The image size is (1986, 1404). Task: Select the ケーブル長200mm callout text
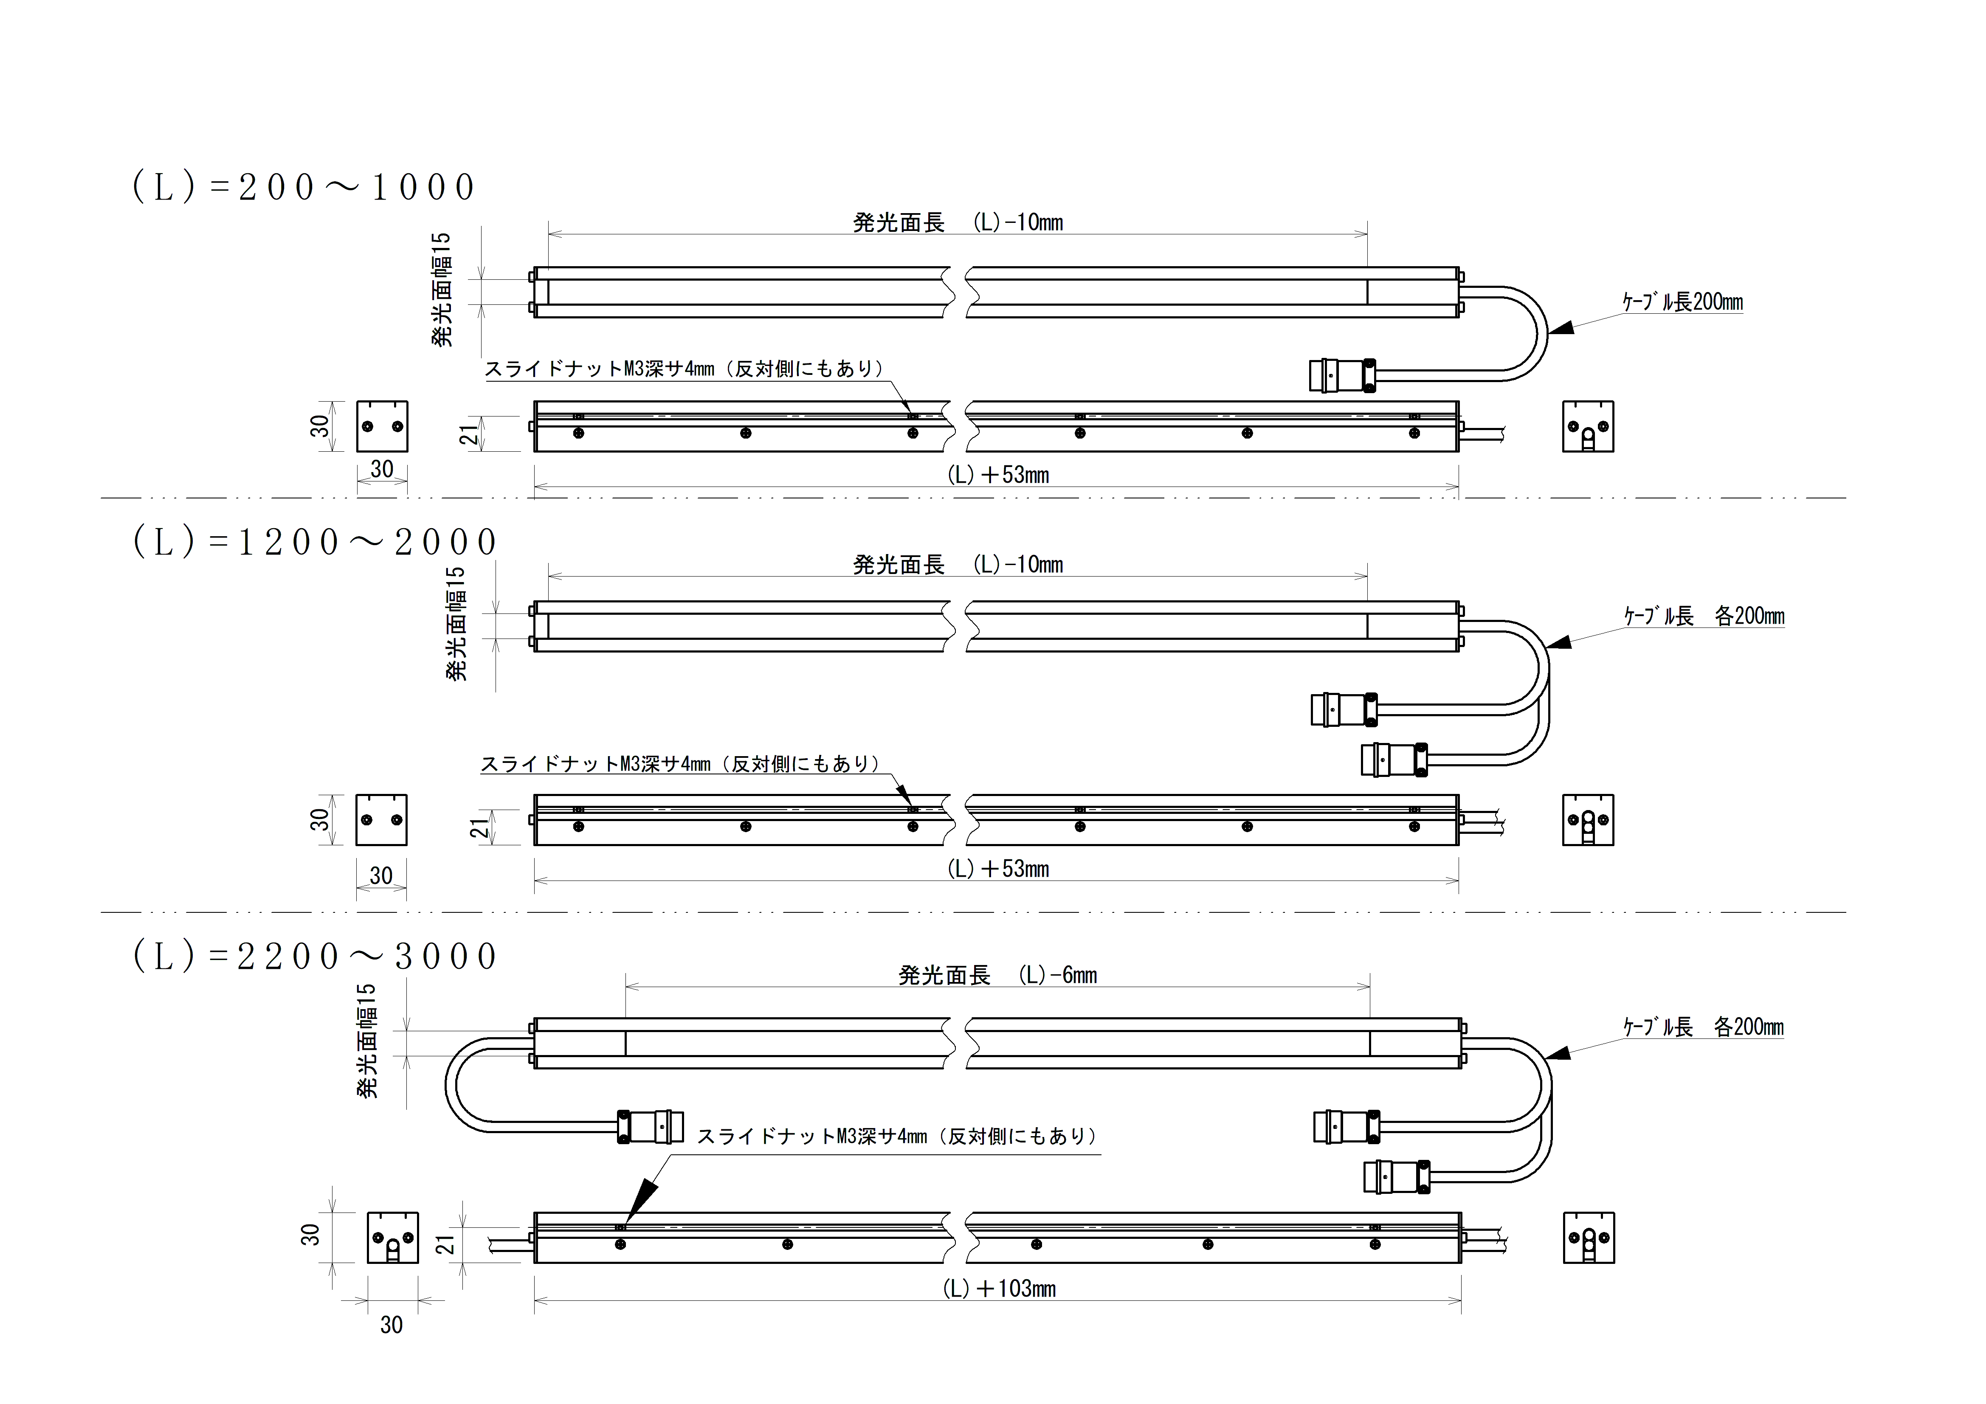click(1682, 302)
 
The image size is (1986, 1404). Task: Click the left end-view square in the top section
click(381, 427)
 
